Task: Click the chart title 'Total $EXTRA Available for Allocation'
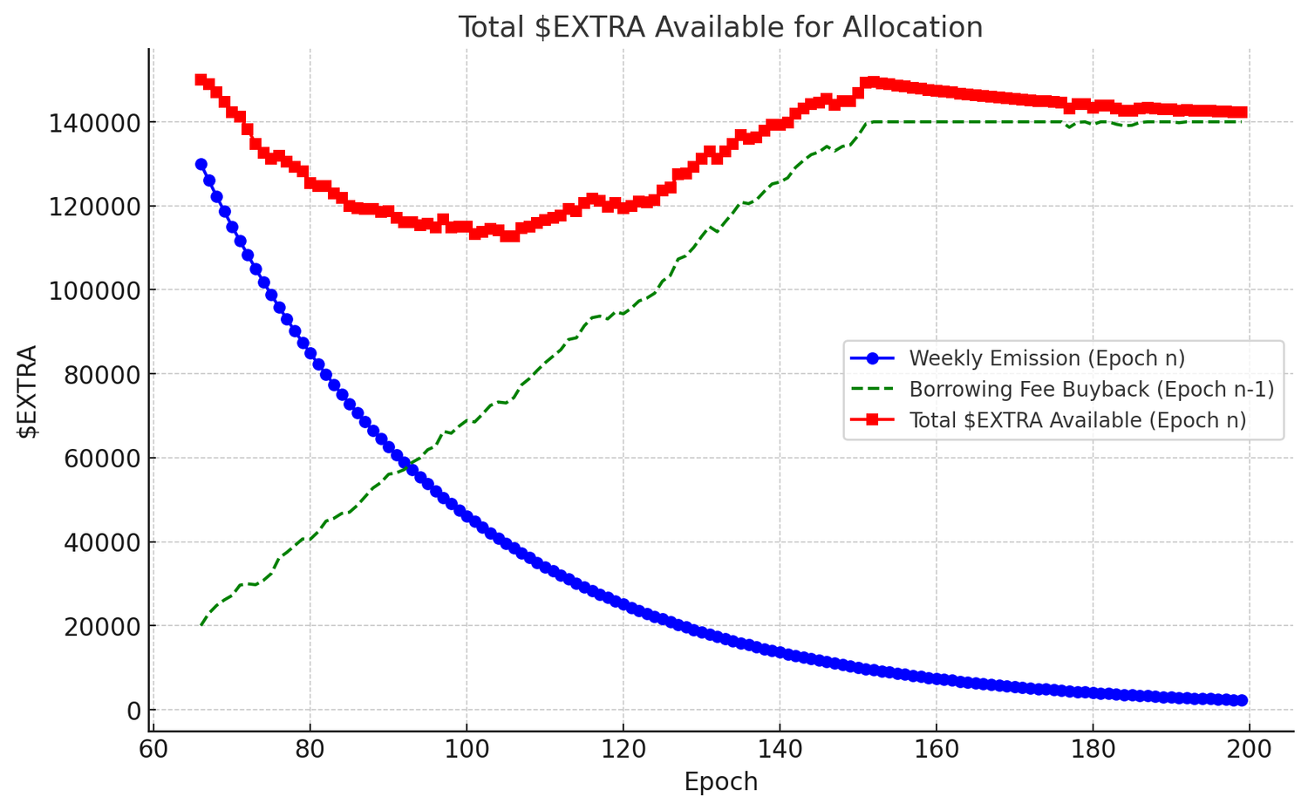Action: (720, 27)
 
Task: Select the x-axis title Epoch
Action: (720, 781)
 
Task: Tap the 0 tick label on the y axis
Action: (133, 711)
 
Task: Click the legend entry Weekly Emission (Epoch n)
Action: (1046, 357)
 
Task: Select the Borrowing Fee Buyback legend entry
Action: (1091, 389)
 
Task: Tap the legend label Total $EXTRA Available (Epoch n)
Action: (1077, 420)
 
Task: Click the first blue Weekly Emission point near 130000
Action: (201, 164)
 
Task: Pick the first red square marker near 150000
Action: (201, 80)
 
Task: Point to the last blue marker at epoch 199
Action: (1242, 700)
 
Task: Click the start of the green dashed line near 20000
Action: (201, 625)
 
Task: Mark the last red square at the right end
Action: (1242, 112)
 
